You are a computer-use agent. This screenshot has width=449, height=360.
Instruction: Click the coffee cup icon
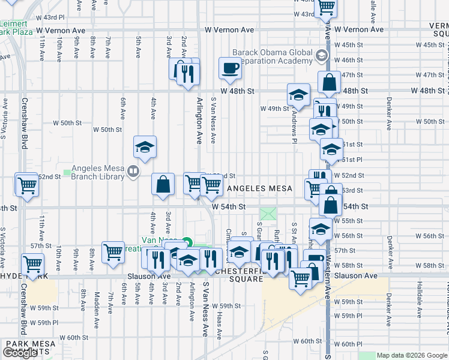click(x=229, y=69)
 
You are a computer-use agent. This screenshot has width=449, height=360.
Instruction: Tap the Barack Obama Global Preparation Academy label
click(x=273, y=56)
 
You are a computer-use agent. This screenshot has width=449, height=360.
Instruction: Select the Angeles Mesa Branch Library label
click(x=97, y=172)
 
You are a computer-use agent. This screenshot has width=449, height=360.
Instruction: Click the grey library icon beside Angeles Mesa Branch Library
click(x=133, y=172)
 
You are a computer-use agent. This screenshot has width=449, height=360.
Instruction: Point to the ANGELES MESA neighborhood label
click(x=259, y=188)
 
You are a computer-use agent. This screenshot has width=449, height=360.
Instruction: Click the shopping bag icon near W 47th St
click(x=330, y=83)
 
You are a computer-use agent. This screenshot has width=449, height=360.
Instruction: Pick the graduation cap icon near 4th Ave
click(x=144, y=148)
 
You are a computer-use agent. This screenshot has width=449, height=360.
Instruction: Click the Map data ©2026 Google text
click(x=411, y=355)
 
